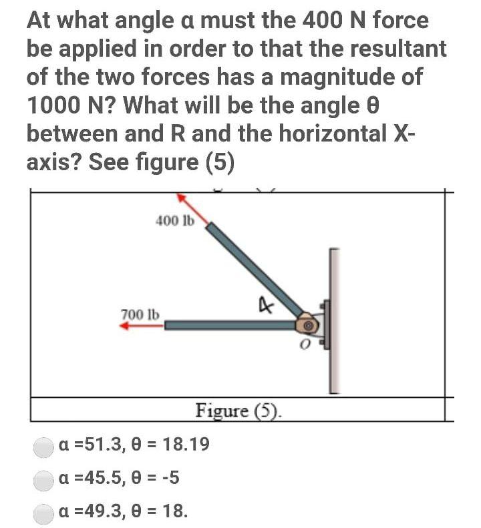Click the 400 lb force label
(x=174, y=221)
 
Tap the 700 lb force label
(x=140, y=314)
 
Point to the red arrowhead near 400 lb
(x=182, y=198)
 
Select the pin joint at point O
(x=308, y=325)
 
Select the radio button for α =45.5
(x=44, y=479)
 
